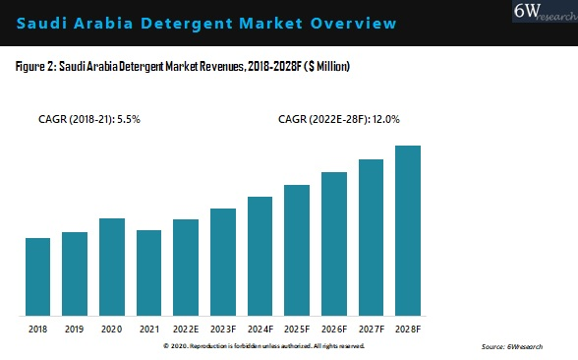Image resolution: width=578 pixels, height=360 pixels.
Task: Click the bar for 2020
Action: click(x=111, y=267)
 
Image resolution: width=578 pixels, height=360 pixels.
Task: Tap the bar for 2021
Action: click(x=148, y=272)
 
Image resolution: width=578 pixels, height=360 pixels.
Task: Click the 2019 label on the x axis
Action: click(x=75, y=330)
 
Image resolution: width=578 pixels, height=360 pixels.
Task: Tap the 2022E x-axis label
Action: click(x=186, y=330)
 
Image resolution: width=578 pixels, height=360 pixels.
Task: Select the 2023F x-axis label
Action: click(x=223, y=330)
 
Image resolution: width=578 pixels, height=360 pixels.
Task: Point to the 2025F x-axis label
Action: click(x=297, y=330)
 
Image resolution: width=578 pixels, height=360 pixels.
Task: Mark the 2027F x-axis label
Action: click(x=371, y=330)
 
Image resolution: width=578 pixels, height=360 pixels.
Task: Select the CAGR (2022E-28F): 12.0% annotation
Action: click(x=339, y=119)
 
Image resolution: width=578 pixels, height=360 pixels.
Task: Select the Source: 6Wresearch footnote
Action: click(x=511, y=347)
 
